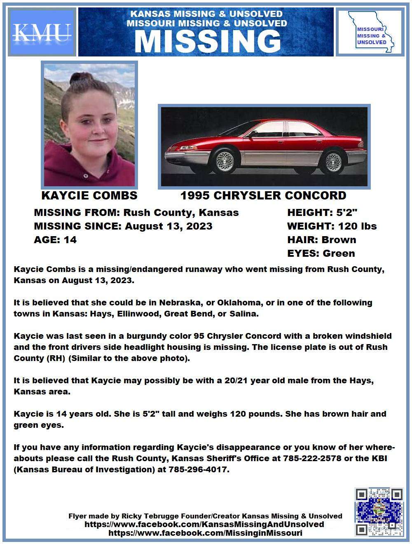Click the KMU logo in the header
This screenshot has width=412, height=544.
click(42, 32)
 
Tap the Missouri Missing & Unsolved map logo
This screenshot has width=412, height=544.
click(370, 33)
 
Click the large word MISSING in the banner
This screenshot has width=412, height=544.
click(207, 41)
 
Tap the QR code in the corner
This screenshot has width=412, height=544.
click(379, 512)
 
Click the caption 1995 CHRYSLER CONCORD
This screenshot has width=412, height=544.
click(263, 195)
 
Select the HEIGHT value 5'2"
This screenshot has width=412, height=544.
click(347, 213)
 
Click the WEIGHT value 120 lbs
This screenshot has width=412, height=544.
click(357, 226)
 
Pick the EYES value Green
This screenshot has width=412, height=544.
click(339, 253)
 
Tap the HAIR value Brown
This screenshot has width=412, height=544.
click(339, 240)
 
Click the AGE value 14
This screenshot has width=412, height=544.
click(70, 240)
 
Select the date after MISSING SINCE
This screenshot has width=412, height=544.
click(169, 226)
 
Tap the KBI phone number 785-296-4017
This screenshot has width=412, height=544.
click(198, 469)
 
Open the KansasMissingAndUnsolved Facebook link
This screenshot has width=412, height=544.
click(204, 524)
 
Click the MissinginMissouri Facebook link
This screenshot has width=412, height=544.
click(205, 533)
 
